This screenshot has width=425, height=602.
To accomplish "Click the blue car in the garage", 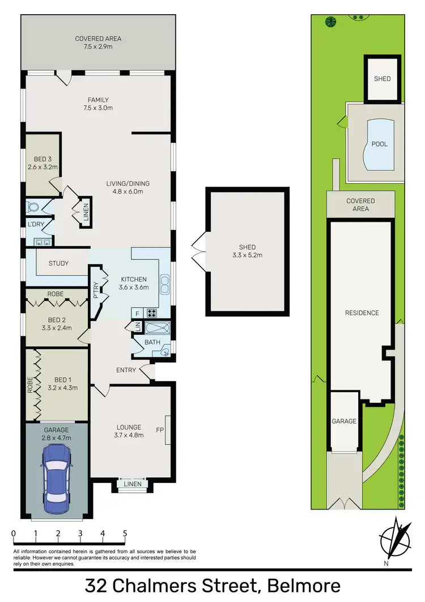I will click(56, 474).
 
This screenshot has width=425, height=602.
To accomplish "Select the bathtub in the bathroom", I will click(157, 328).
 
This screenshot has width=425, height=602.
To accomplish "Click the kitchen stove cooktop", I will click(152, 312).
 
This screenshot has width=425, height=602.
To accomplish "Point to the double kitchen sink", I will click(165, 282).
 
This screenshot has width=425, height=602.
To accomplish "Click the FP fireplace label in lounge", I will click(160, 430).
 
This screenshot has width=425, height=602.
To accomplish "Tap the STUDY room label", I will click(58, 263).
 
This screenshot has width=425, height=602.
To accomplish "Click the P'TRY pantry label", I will click(96, 291).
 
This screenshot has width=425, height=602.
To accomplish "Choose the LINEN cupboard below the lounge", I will click(130, 483).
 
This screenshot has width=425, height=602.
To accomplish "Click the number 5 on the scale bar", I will click(125, 533).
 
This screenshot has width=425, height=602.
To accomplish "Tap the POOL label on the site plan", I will click(379, 144).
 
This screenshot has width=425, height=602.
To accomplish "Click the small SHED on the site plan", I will click(382, 79).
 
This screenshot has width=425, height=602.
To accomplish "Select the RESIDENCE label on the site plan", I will click(362, 313).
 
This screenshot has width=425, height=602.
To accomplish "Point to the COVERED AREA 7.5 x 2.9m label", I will click(98, 43).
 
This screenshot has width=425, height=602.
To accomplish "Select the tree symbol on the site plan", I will click(330, 22).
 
